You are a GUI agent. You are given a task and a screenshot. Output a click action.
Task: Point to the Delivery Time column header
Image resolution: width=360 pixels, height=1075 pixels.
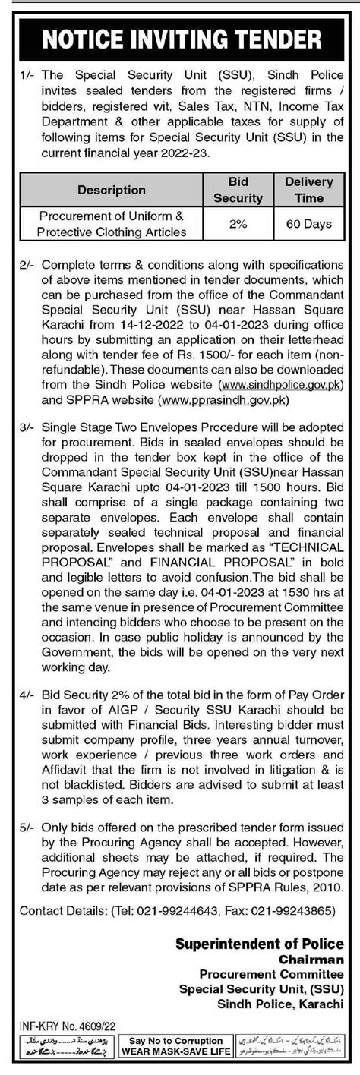308,190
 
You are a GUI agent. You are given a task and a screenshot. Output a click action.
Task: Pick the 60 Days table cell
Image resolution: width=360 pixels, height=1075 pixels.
308,224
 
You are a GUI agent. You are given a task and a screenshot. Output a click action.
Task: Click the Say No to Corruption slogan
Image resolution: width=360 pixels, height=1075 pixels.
176,1040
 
